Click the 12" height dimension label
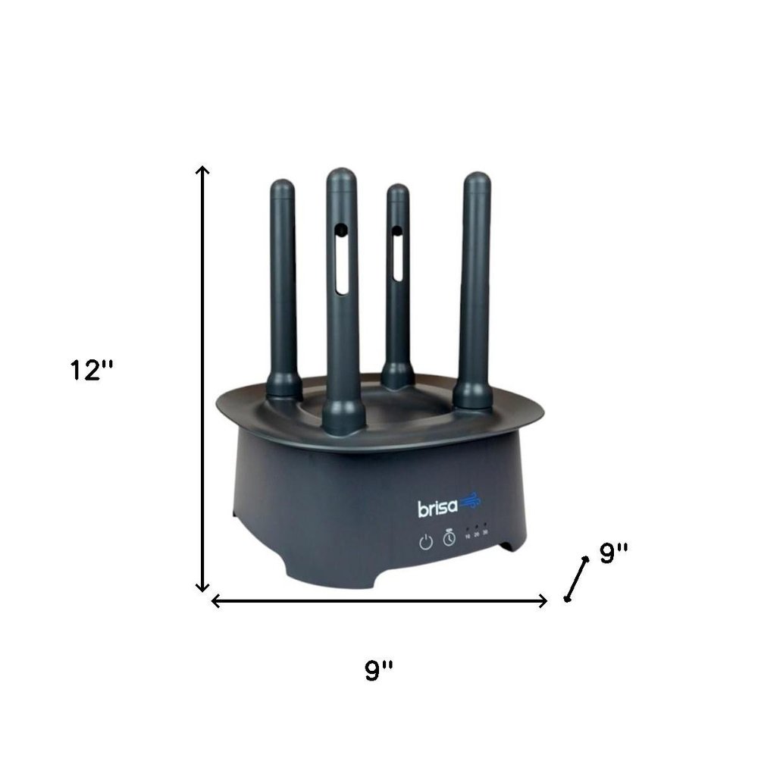coord(92,371)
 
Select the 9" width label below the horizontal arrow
coord(379,670)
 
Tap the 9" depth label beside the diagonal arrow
coord(615,553)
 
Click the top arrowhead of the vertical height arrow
coord(202,170)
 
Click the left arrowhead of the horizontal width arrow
coord(215,601)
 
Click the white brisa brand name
coord(435,507)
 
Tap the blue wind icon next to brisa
coord(469,503)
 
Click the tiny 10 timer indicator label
coord(468,534)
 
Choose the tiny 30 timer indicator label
coord(485,534)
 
